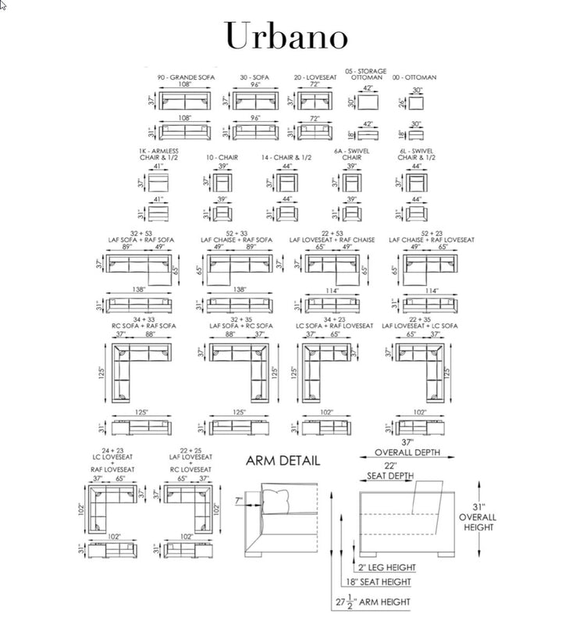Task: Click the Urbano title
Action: point(286,35)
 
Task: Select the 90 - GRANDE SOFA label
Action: point(187,78)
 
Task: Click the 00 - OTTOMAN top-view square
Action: point(417,103)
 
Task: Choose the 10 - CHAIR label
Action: point(222,158)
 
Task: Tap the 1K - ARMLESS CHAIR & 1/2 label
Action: point(159,155)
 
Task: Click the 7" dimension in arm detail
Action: point(238,500)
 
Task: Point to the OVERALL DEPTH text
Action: point(407,452)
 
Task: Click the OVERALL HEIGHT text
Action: point(477,516)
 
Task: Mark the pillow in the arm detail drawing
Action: point(275,498)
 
